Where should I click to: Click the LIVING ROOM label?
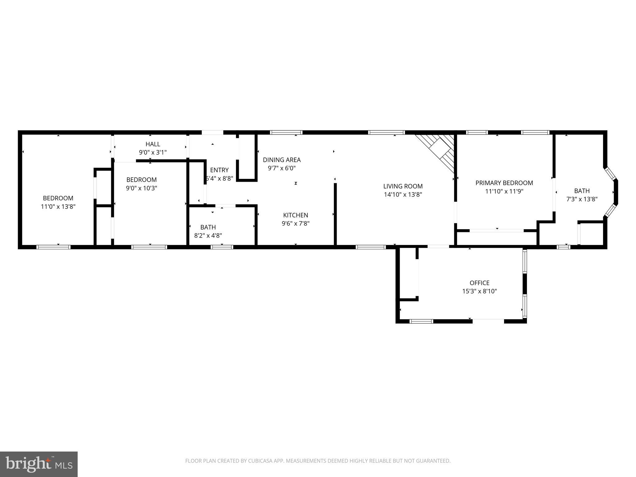(403, 186)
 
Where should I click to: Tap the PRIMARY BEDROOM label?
(504, 183)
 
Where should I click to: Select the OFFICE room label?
(479, 283)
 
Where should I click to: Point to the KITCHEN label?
(295, 215)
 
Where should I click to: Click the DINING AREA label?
(282, 160)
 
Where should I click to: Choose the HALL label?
(153, 144)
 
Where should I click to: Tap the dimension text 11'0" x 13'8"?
(58, 207)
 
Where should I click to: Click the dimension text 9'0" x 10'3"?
(141, 188)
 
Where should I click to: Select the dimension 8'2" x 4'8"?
(208, 236)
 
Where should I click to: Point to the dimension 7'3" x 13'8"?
(582, 199)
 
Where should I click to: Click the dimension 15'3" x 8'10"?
(479, 291)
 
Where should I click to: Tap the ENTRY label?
(219, 170)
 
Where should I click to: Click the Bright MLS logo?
(39, 464)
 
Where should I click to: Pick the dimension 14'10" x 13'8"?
(403, 195)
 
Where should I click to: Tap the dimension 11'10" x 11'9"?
(504, 191)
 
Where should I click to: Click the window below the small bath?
(222, 247)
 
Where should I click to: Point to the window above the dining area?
(286, 133)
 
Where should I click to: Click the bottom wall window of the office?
(421, 321)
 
